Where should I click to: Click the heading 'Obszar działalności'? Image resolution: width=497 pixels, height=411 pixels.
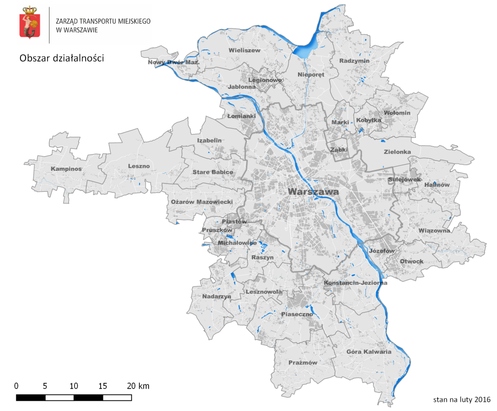click(x=62, y=58)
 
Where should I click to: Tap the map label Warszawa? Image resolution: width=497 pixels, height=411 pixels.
click(x=313, y=192)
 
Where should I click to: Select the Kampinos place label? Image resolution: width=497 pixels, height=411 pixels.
click(x=66, y=169)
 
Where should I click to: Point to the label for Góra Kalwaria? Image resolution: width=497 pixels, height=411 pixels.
click(x=369, y=352)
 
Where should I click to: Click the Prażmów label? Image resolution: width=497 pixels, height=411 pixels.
click(x=303, y=362)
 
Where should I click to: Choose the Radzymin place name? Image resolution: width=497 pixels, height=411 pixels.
click(x=355, y=61)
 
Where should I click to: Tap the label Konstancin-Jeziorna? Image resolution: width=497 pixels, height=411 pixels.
click(x=355, y=283)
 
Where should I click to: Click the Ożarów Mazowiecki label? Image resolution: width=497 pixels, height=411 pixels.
click(x=202, y=202)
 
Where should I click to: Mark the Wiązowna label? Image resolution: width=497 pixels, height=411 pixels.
click(x=434, y=230)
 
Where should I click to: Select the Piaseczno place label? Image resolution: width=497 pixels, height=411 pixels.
click(x=297, y=314)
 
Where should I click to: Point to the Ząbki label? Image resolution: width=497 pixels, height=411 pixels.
click(x=339, y=150)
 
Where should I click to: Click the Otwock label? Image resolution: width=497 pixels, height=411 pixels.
click(x=412, y=262)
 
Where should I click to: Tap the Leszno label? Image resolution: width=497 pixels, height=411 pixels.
click(x=139, y=166)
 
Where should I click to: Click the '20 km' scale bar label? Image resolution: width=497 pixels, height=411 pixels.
click(x=138, y=386)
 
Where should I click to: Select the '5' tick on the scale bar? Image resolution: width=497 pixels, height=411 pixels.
click(x=45, y=386)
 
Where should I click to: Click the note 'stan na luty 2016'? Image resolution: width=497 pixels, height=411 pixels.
click(x=462, y=400)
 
